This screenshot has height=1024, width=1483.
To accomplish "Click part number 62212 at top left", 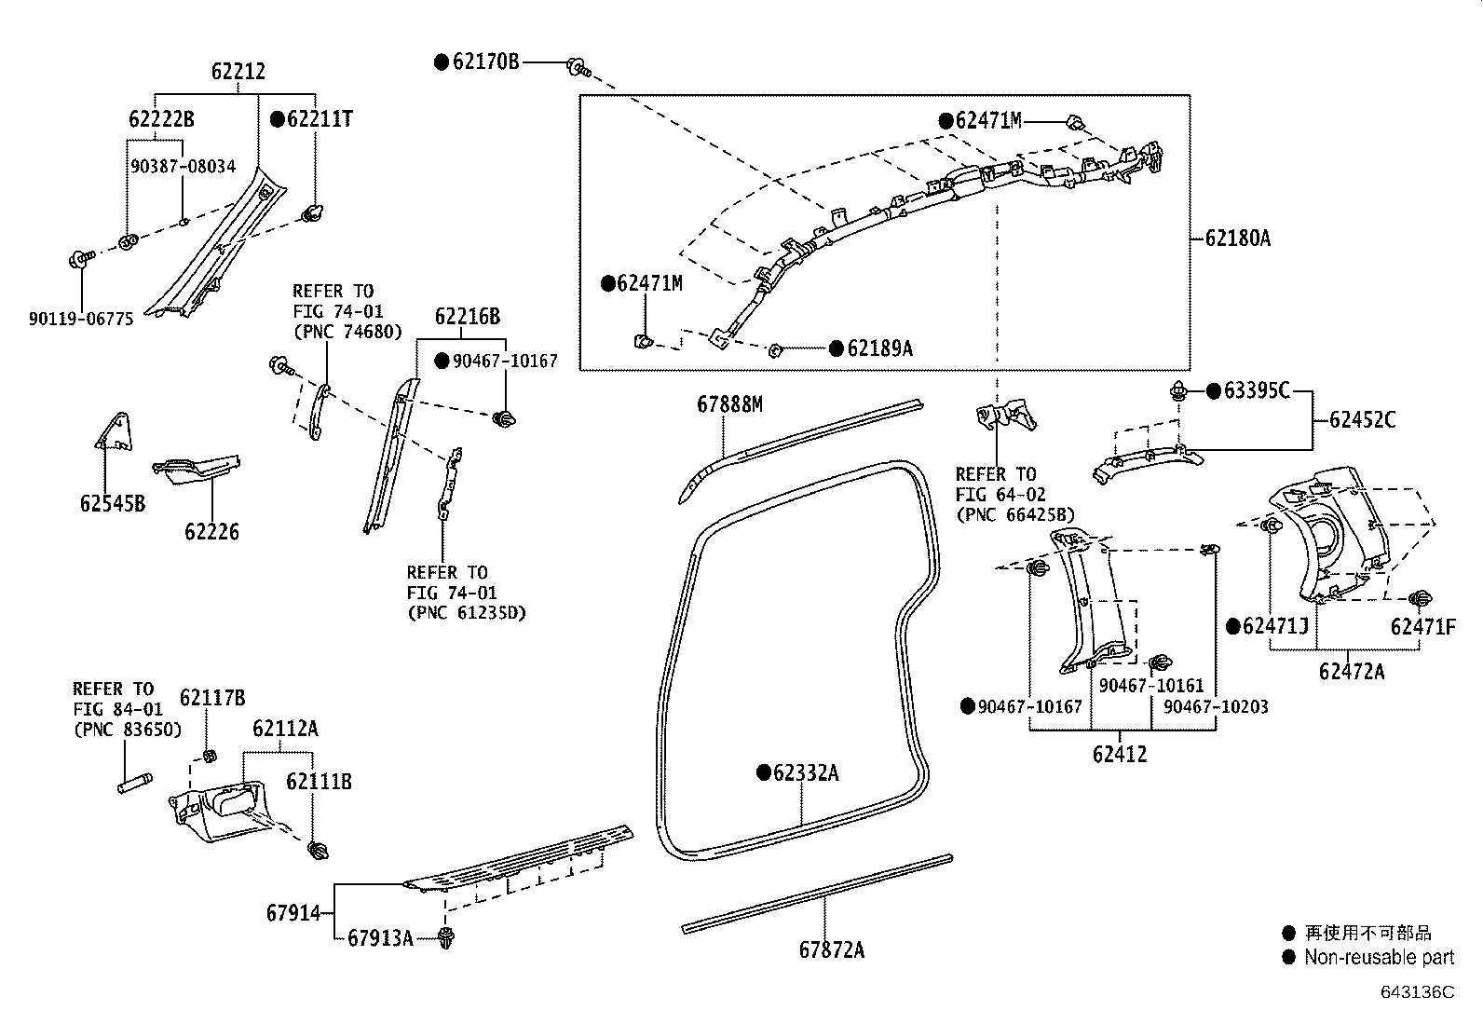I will coord(238,72).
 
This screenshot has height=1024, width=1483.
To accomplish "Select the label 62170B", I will coord(485,62).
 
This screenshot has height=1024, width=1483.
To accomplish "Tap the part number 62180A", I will coord(1237,238).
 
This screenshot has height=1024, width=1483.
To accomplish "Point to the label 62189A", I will coord(879,348).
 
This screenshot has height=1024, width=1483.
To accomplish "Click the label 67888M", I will coord(729,403).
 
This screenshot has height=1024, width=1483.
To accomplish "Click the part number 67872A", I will coord(831,949).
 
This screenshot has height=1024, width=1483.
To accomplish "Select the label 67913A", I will coord(379,937).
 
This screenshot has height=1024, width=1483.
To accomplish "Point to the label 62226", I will coord(211,532).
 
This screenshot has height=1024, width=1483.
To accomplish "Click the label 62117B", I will coord(212,698).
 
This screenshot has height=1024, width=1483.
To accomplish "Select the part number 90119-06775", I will coord(81,319).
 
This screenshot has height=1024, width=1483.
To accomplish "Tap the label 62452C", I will coord(1362,419).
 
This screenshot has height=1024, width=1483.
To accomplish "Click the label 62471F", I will coord(1422,627).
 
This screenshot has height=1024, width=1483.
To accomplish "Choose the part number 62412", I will coord(1120,754).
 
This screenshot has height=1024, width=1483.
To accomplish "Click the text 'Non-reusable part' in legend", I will coord(1379,957).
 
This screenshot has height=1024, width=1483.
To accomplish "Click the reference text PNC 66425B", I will coord(1015,514).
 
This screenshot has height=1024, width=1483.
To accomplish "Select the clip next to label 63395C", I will coord(1180,391).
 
